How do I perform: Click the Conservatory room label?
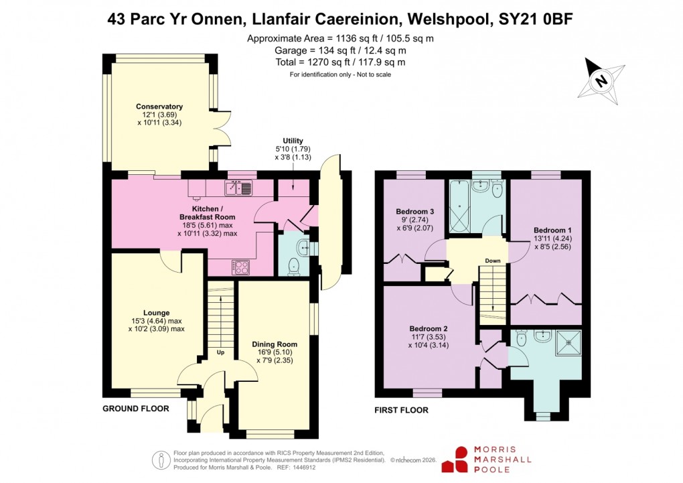click(x=159, y=107)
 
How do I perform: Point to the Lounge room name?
click(x=156, y=313)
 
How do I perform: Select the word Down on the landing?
click(x=494, y=261)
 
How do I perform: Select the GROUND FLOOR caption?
click(x=135, y=408)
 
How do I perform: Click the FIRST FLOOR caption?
click(x=402, y=410)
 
